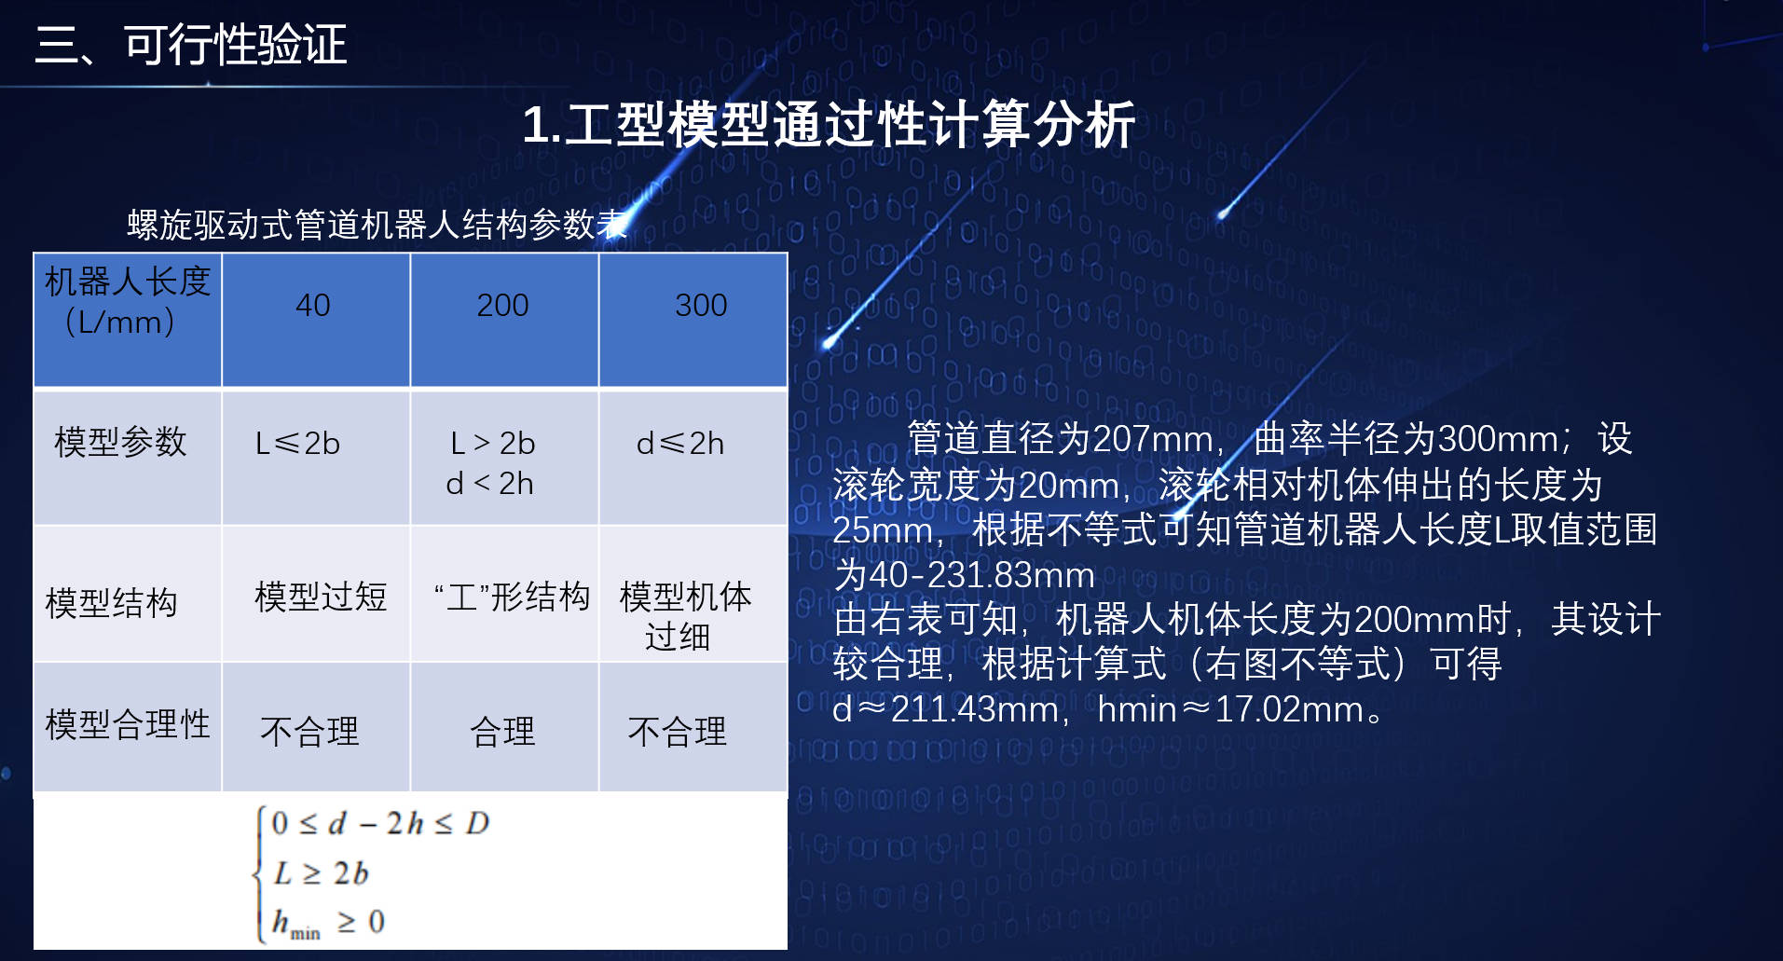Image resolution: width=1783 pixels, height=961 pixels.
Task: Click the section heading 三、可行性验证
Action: [190, 45]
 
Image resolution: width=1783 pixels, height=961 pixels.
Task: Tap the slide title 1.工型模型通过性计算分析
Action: [829, 124]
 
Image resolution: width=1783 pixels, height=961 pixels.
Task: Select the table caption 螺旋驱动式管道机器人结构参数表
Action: [377, 225]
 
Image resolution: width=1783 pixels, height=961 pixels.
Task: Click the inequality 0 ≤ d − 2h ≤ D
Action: [380, 823]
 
